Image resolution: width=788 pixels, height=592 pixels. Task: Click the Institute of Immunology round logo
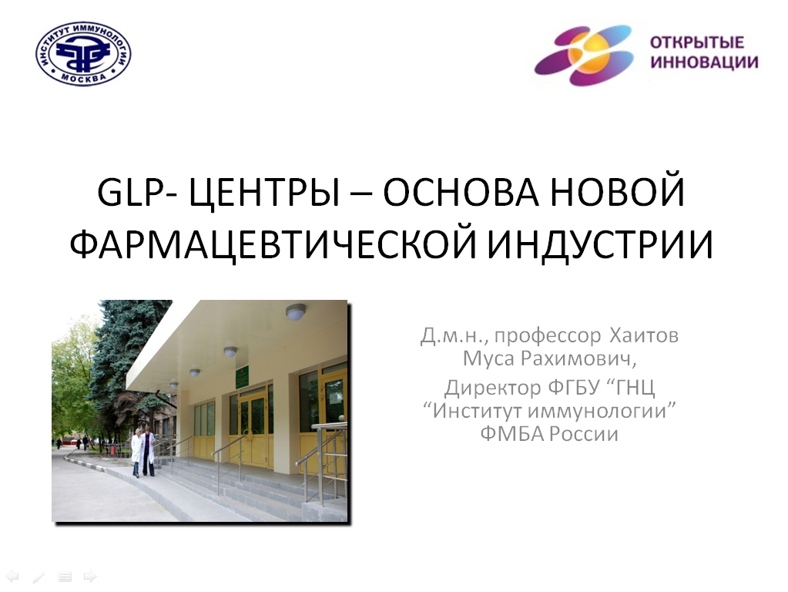83,53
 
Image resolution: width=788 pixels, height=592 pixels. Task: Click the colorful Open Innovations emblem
584,55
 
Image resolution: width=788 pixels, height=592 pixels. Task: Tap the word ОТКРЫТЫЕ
696,42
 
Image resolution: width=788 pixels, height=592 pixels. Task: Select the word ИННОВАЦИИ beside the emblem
705,62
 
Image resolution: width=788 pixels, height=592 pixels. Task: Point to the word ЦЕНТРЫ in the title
265,193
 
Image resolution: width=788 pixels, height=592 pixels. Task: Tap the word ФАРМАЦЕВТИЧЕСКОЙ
273,244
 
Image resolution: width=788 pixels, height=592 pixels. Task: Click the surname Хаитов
644,335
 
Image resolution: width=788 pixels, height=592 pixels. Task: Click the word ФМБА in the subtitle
512,434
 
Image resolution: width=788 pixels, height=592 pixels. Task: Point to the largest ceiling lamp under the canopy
296,312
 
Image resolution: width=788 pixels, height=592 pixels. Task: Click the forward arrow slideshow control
90,576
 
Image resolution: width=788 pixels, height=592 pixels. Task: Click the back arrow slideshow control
12,576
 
